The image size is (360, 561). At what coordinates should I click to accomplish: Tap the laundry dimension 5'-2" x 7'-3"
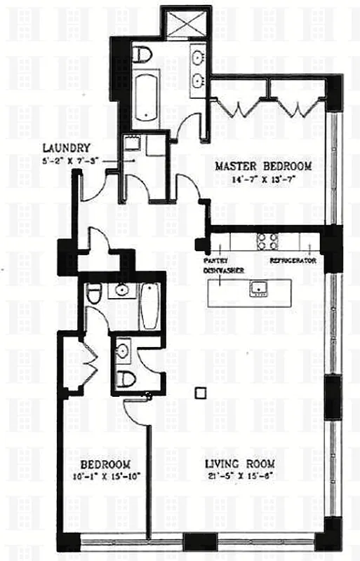coord(68,159)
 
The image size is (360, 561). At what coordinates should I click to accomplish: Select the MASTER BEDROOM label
coord(262,166)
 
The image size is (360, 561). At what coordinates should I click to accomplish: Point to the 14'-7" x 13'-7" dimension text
coord(262,178)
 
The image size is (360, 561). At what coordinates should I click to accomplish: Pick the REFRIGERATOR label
coord(293,260)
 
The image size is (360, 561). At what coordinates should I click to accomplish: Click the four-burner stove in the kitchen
coord(267,241)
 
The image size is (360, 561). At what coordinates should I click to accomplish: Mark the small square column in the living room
coord(201,392)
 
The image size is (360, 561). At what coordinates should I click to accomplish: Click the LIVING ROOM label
coord(239,464)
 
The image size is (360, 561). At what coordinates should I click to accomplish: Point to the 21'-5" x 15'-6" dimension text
coord(239,476)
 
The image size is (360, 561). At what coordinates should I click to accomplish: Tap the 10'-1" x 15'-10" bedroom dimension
coord(105,476)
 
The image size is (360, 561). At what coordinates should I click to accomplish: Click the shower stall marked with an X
coord(185,23)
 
